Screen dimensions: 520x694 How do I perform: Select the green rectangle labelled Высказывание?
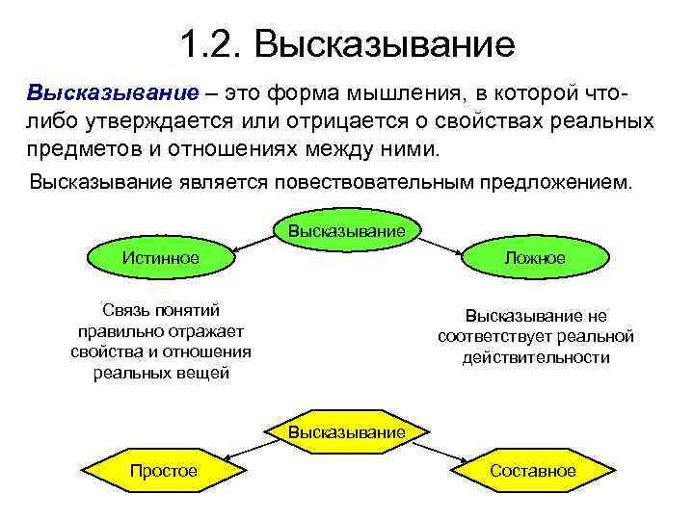(x=346, y=231)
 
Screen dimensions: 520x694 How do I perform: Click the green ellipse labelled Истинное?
(x=160, y=257)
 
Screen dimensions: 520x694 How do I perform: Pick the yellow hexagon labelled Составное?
(x=532, y=471)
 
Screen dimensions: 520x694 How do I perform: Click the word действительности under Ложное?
(x=536, y=357)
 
